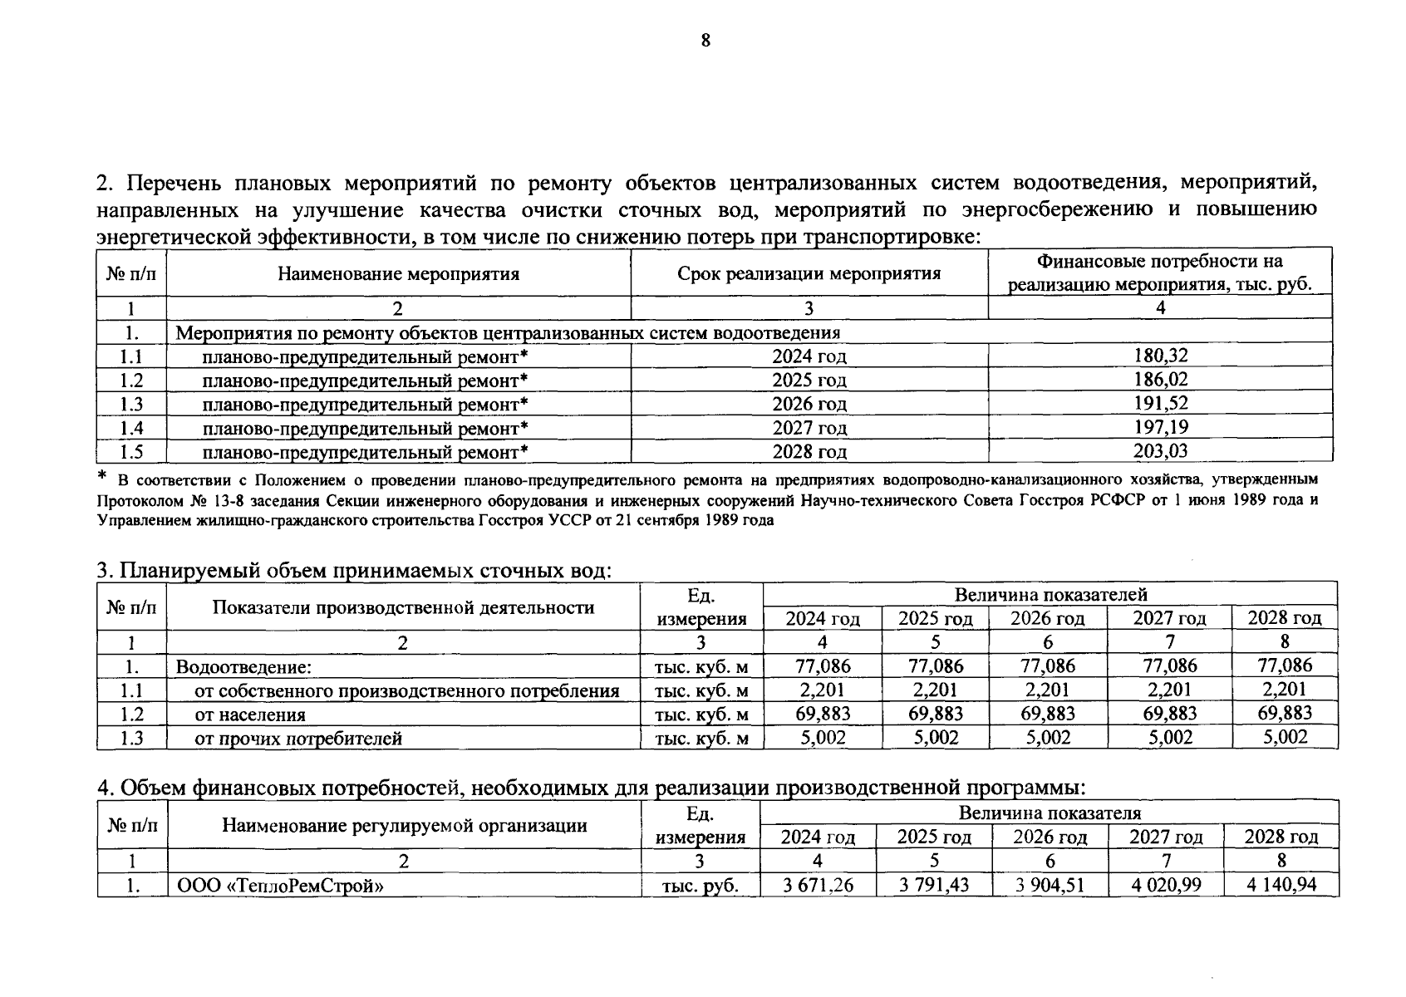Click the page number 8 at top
click(705, 41)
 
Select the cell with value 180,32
click(1160, 356)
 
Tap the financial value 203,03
click(1160, 451)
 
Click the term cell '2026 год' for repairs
click(809, 404)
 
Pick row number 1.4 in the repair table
click(131, 428)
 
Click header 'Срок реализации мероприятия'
click(809, 273)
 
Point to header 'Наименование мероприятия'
click(398, 273)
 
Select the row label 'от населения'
click(249, 715)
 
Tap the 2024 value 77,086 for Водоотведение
click(823, 665)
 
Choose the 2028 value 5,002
click(1285, 737)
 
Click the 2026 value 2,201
click(1047, 690)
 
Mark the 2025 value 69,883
click(935, 714)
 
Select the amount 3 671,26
click(818, 885)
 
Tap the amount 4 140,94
click(1281, 885)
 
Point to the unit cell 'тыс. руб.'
click(701, 886)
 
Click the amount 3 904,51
click(1050, 885)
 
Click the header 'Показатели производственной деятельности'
click(403, 607)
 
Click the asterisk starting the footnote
click(102, 477)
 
